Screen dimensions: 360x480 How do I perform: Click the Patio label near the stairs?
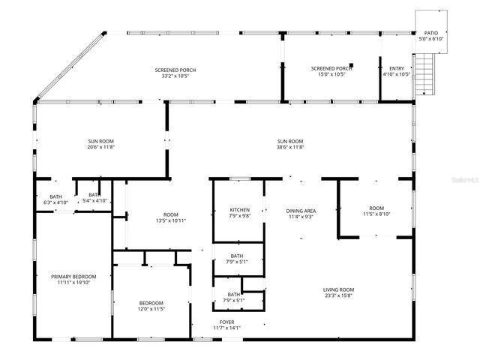[x=430, y=34]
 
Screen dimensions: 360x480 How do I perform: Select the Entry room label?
[x=396, y=68]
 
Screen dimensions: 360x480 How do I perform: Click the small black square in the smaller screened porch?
[x=351, y=65]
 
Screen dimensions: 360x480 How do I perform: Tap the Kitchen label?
[x=239, y=210]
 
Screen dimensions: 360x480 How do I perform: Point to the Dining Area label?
[x=301, y=211]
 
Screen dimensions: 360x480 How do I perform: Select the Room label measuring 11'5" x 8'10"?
[x=376, y=208]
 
